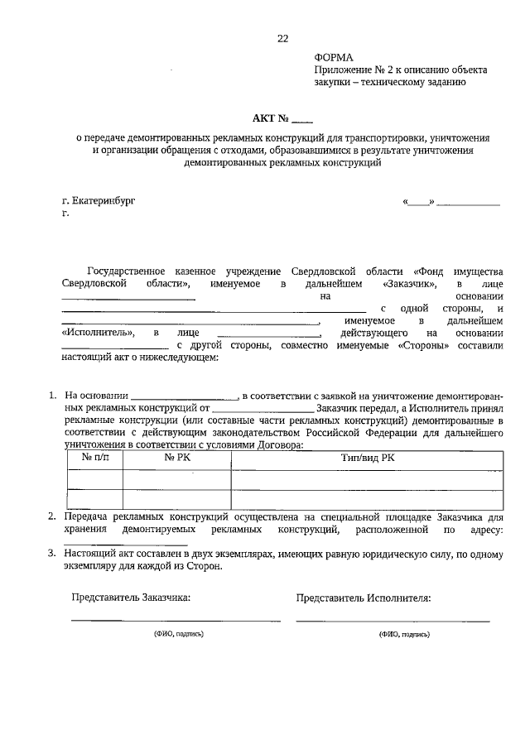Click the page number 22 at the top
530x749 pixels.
282,39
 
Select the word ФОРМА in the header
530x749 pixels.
334,57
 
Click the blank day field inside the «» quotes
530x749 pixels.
418,202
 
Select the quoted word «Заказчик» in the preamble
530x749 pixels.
411,283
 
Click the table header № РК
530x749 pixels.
177,458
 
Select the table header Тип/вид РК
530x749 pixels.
368,458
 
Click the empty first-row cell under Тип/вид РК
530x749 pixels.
368,479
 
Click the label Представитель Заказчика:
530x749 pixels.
131,596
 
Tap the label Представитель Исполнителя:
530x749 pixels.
364,596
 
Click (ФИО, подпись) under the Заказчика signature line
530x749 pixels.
178,633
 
